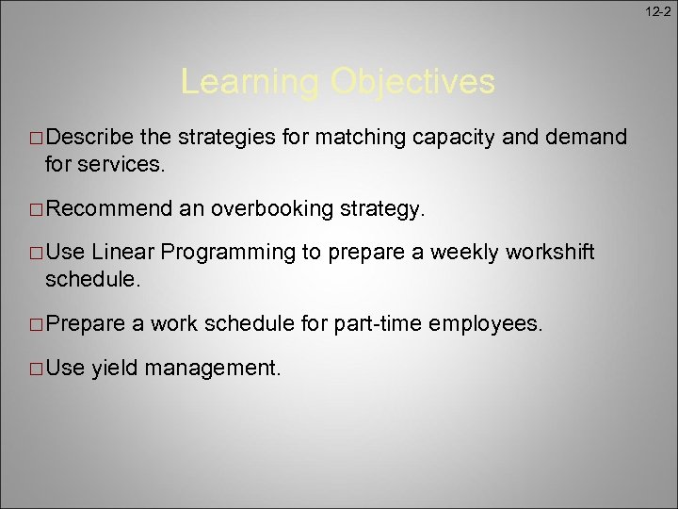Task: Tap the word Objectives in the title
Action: [x=412, y=82]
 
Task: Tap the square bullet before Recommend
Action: [x=35, y=208]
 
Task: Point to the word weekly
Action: [x=463, y=252]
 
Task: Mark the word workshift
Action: [x=550, y=252]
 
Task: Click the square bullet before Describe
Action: [x=35, y=139]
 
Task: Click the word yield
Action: [x=113, y=369]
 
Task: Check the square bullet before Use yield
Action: [x=35, y=369]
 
